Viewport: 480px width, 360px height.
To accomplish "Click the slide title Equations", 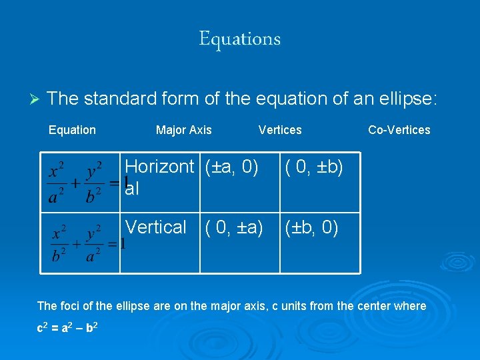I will click(x=239, y=39).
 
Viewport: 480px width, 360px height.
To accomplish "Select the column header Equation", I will click(x=72, y=130).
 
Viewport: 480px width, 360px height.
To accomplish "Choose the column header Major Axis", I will click(x=183, y=130).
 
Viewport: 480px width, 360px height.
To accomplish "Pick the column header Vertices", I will click(x=280, y=130).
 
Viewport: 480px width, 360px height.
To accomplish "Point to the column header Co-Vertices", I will click(x=399, y=130).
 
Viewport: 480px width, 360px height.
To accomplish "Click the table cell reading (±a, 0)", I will click(x=231, y=167).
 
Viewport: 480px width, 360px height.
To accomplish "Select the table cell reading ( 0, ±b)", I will click(x=314, y=167).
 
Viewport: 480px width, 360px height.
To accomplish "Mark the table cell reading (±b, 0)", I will click(x=311, y=227).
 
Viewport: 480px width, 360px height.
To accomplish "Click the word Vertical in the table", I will click(x=156, y=227).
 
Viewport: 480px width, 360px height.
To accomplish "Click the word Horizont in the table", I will click(x=159, y=167).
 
